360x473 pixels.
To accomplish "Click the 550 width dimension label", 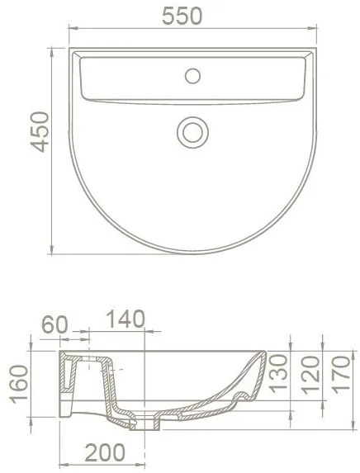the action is pyautogui.click(x=182, y=16).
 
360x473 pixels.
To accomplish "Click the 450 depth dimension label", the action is pyautogui.click(x=40, y=132).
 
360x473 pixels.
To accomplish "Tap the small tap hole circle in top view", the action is pyautogui.click(x=192, y=76).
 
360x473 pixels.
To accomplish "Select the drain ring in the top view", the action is pyautogui.click(x=192, y=132).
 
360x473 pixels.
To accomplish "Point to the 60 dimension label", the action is pyautogui.click(x=55, y=325).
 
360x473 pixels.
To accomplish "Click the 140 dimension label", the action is pyautogui.click(x=126, y=319).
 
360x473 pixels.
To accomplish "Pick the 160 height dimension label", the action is pyautogui.click(x=19, y=384).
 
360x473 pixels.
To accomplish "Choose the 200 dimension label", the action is pyautogui.click(x=105, y=452).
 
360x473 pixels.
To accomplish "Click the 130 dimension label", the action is pyautogui.click(x=277, y=373).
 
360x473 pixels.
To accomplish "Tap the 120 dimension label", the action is pyautogui.click(x=310, y=375).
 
